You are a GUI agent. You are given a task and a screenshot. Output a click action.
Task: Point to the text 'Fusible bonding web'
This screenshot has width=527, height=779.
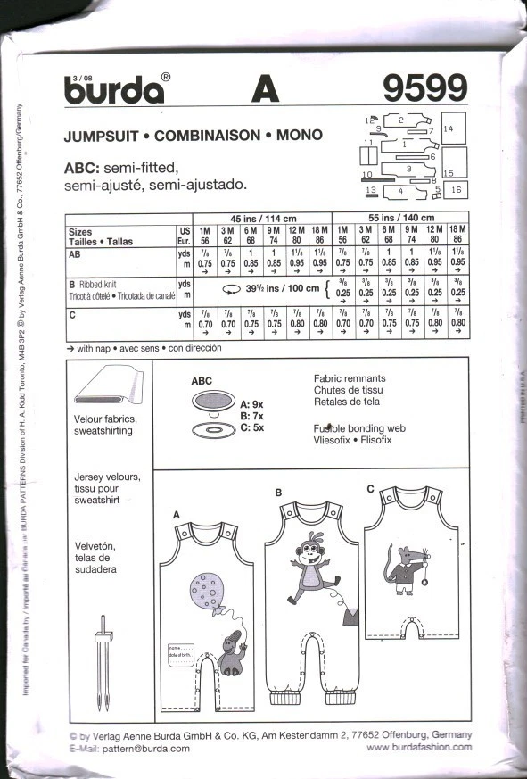[359, 428]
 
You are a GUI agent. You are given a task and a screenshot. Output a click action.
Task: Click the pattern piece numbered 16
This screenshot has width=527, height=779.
[456, 190]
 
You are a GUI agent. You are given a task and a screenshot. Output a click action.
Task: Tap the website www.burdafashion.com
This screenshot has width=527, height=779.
[419, 747]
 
